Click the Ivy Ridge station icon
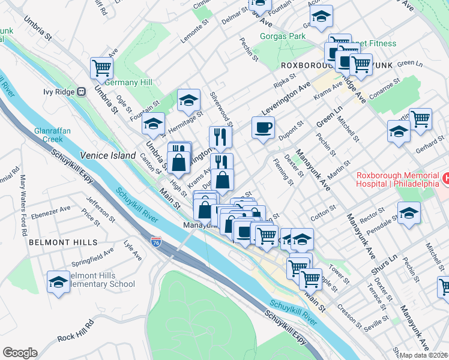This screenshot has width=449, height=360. (x=82, y=92)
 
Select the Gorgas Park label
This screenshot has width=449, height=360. (x=282, y=36)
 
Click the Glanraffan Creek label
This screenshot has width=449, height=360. (x=49, y=134)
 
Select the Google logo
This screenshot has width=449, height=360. (x=20, y=353)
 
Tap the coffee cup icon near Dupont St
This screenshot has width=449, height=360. (x=262, y=128)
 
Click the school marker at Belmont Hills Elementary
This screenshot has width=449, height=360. (x=58, y=281)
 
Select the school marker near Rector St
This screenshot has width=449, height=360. (x=409, y=214)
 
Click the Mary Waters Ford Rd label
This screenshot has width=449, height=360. (x=25, y=196)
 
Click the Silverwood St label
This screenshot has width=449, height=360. (x=221, y=107)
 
